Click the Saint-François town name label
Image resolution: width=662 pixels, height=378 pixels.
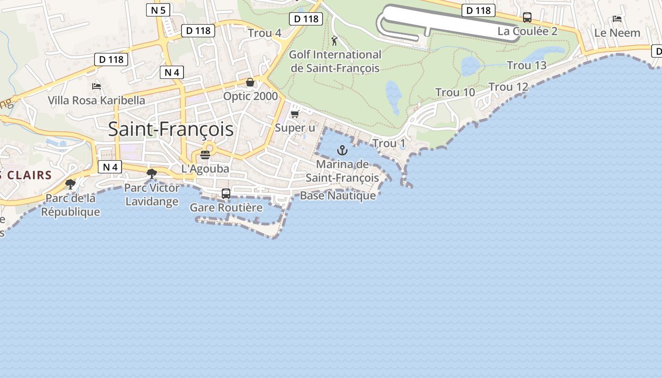click(x=171, y=129)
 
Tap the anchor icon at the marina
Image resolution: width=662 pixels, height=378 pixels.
click(x=342, y=151)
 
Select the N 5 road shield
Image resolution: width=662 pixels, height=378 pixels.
click(x=158, y=10)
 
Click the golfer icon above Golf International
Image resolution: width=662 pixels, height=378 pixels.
click(x=335, y=41)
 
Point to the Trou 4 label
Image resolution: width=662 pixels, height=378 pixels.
click(x=264, y=33)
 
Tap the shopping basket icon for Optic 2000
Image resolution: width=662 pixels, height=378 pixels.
click(x=250, y=83)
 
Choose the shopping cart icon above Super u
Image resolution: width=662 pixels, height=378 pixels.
click(x=295, y=114)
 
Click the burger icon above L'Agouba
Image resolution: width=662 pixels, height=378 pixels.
click(x=205, y=155)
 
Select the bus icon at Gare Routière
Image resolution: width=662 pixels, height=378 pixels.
click(x=226, y=193)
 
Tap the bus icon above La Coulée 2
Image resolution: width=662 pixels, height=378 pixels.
click(x=527, y=18)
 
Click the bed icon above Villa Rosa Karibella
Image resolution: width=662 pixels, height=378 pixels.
click(x=96, y=86)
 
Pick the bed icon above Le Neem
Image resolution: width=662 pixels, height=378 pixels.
click(x=617, y=19)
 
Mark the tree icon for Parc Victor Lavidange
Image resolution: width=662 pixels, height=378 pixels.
click(x=152, y=174)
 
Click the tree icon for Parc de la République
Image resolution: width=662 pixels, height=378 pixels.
click(x=70, y=184)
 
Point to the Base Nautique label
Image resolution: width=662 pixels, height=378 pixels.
click(x=338, y=196)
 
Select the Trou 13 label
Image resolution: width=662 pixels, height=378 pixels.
click(x=526, y=65)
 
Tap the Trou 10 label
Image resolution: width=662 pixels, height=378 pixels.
click(x=455, y=93)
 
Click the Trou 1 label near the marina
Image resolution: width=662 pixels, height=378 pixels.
click(x=389, y=143)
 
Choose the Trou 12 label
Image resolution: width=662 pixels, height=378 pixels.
click(x=508, y=87)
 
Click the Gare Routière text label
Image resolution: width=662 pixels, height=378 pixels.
click(x=226, y=207)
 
